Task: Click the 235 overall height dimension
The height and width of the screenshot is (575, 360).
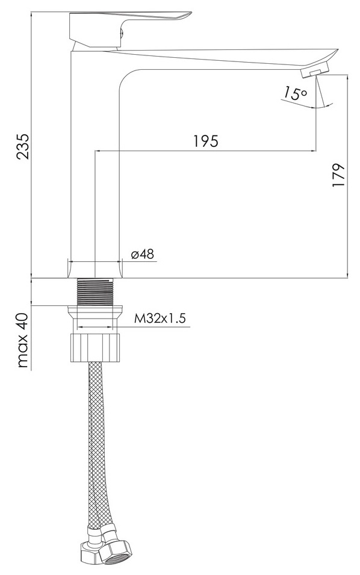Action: [x=23, y=146]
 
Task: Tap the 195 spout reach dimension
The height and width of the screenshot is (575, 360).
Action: [x=206, y=140]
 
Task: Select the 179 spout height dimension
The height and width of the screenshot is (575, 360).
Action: [x=338, y=175]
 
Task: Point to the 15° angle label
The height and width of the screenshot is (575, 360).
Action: [x=295, y=93]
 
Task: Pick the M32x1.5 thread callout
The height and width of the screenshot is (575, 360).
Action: [x=160, y=319]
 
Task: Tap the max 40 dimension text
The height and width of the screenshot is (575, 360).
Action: [x=23, y=340]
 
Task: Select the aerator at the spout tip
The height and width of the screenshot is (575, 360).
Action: [x=314, y=69]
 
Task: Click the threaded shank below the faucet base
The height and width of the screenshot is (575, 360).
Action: [x=95, y=291]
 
